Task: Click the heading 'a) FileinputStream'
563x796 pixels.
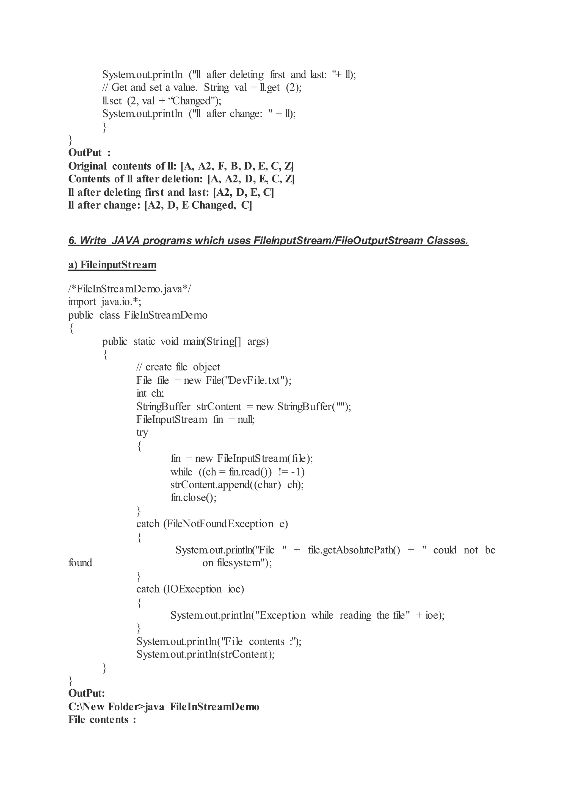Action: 112,265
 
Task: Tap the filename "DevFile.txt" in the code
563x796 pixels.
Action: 256,380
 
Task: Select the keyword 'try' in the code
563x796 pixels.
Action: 142,432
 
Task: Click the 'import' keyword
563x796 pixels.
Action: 82,302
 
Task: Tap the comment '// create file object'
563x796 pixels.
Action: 178,367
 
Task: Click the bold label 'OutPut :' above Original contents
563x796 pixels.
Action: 89,153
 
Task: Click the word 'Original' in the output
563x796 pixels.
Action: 87,166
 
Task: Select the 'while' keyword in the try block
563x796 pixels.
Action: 181,472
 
